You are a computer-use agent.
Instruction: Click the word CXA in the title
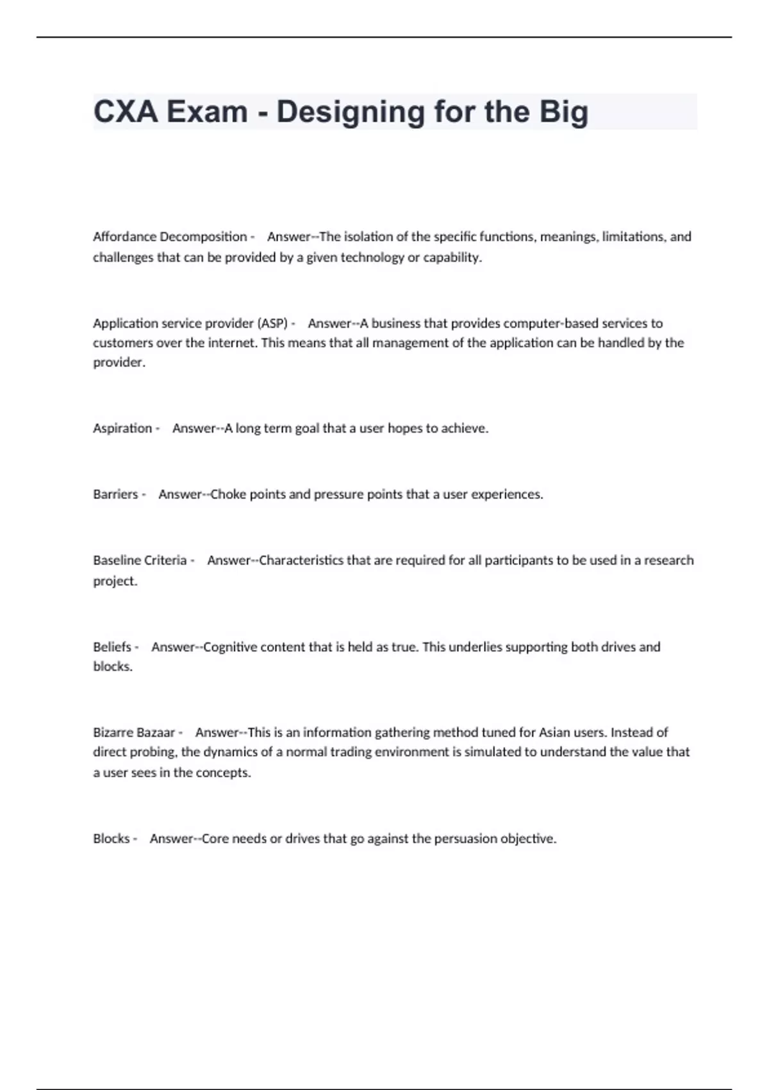pos(126,112)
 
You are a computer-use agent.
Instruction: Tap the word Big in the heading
pos(563,112)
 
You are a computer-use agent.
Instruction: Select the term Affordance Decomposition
pos(170,237)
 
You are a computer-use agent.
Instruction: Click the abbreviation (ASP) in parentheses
pos(272,323)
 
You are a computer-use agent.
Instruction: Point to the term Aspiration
pos(122,428)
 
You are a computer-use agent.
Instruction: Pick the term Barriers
pos(115,494)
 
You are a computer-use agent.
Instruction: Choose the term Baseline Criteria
pos(140,560)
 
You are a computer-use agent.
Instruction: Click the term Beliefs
pos(112,647)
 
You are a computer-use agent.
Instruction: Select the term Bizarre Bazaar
pos(134,732)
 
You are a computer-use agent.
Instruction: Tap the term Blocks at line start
pos(112,839)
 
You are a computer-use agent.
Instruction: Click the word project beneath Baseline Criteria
pos(115,582)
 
